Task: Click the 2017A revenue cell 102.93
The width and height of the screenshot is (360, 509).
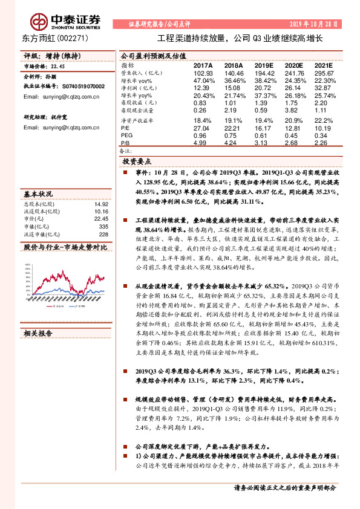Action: point(203,73)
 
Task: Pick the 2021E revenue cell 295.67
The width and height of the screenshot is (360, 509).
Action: point(321,73)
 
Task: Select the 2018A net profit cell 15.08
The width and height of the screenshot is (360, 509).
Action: point(234,88)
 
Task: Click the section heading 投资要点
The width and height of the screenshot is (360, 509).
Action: point(137,162)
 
